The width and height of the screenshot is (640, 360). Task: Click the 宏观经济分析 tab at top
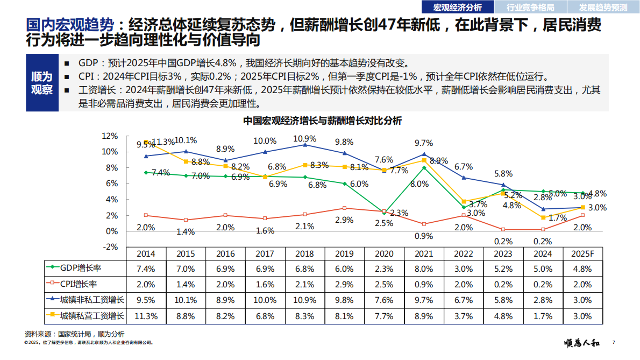coord(458,7)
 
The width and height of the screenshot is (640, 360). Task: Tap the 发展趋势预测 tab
coord(603,7)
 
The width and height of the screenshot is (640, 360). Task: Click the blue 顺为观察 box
coord(42,83)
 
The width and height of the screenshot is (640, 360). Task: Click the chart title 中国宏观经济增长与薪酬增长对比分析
coord(322,121)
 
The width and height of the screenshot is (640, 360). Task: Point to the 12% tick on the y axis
coord(110,136)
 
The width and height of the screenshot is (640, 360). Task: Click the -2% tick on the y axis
coord(110,247)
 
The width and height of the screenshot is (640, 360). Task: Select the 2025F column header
coord(583,253)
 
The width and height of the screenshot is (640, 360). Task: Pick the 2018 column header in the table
coord(304,253)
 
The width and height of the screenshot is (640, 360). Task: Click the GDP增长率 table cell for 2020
coord(384,267)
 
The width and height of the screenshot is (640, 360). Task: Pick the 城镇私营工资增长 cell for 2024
coord(543,316)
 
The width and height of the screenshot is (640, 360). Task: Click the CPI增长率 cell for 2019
coord(344,284)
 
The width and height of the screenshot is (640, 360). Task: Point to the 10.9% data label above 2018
coord(304,138)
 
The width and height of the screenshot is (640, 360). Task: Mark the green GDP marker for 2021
coord(424,168)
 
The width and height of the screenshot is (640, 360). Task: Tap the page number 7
coord(613,343)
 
